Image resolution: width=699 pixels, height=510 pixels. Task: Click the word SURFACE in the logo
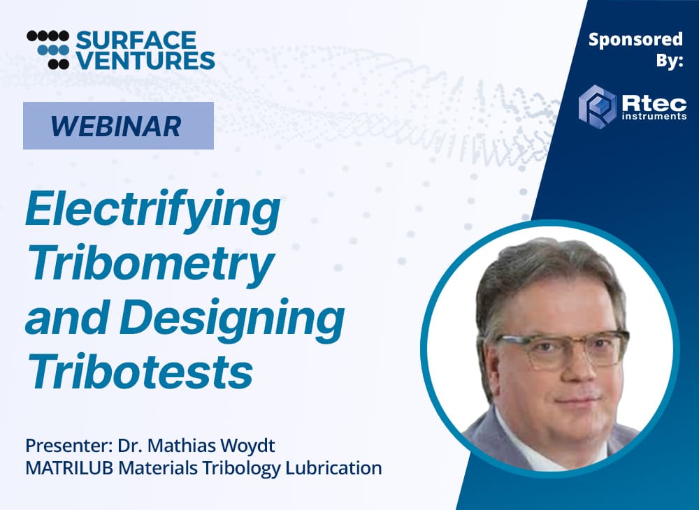point(136,40)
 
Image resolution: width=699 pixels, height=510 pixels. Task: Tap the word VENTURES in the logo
point(145,60)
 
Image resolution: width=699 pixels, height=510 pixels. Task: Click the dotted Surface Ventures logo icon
point(48,50)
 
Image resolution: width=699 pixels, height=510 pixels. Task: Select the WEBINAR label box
point(119,126)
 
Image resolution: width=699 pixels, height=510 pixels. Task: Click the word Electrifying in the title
point(153,211)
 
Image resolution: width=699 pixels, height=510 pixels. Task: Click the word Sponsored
point(635,40)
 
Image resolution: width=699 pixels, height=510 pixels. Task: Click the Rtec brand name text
point(654,104)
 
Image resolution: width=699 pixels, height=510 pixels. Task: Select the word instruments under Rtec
point(654,117)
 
